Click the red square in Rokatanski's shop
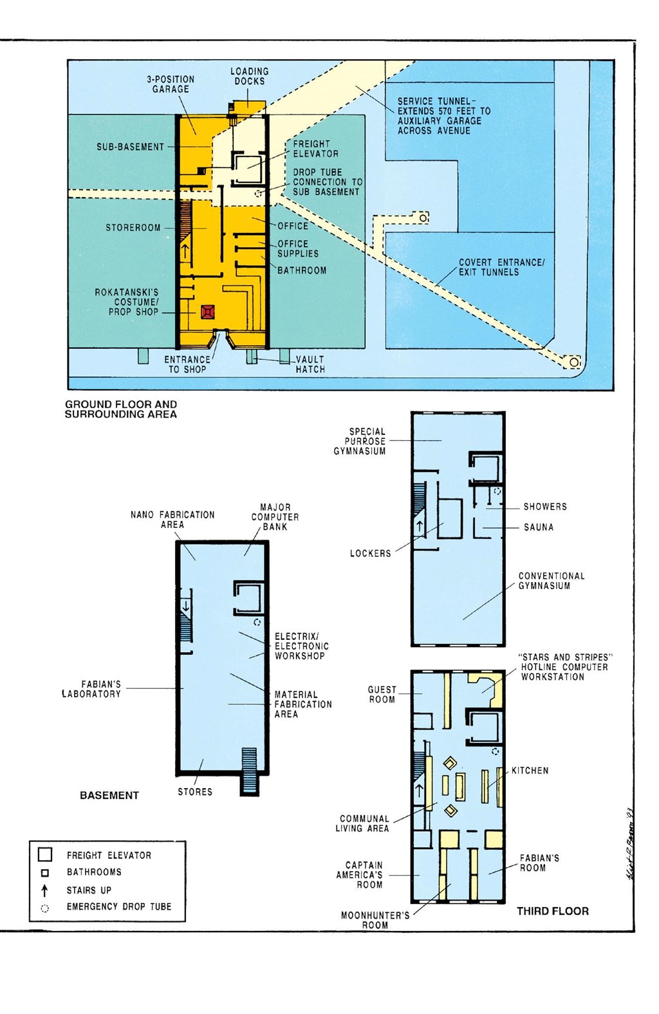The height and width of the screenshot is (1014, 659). [207, 312]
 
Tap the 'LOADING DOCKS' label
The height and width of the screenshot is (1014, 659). [250, 76]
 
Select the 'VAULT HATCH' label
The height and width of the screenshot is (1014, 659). [310, 364]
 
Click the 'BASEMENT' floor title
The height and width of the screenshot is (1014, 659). [109, 795]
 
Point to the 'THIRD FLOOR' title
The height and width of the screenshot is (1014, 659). [553, 911]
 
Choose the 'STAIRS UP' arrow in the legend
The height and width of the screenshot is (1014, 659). [44, 890]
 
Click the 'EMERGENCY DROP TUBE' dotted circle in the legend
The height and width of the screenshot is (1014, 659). [44, 908]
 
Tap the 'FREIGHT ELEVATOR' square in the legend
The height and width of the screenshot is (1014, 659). [45, 855]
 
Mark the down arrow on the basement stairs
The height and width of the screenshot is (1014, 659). [185, 605]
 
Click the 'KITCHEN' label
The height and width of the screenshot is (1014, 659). [530, 771]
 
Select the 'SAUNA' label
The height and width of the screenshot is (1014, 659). [539, 527]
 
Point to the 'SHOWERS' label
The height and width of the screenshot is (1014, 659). [545, 507]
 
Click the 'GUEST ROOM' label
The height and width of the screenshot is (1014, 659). [382, 695]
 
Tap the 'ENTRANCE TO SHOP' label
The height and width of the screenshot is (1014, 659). [187, 364]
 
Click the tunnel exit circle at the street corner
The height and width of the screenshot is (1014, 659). [574, 362]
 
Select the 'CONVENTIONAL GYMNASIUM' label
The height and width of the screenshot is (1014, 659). [552, 581]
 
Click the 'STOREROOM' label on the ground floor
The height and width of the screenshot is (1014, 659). [133, 228]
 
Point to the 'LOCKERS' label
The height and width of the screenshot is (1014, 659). [370, 553]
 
